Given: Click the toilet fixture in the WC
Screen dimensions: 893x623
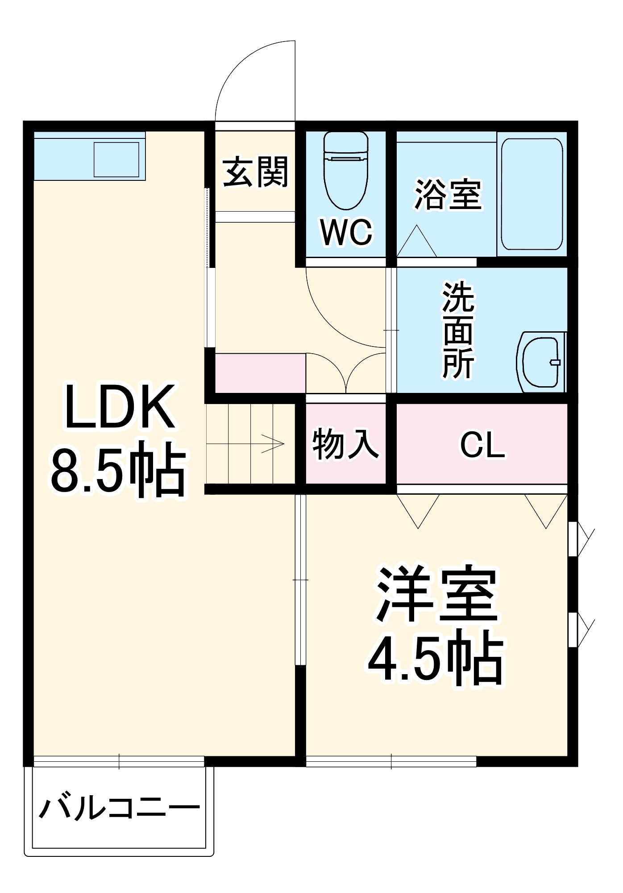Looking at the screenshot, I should click(346, 172).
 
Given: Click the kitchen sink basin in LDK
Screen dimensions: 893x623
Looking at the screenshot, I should click(116, 159).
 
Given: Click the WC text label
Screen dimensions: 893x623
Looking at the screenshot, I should click(346, 232).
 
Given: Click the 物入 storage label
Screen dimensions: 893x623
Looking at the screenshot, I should click(345, 444).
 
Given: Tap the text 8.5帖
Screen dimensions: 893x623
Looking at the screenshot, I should click(118, 470).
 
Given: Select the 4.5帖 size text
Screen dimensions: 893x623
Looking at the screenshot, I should click(435, 659).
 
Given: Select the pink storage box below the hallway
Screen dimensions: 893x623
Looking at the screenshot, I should click(260, 373).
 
